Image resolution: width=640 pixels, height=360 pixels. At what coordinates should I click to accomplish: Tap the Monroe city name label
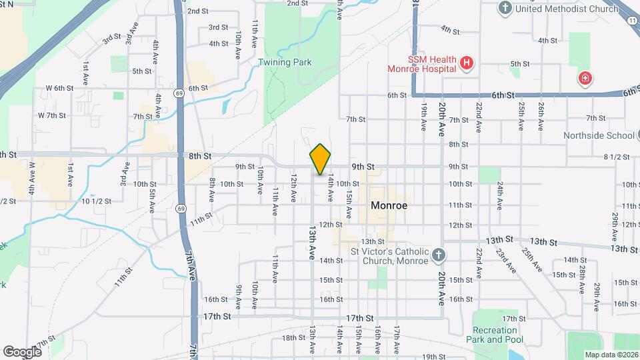[389, 206]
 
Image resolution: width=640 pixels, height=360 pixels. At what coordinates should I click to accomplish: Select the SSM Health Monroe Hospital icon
[467, 64]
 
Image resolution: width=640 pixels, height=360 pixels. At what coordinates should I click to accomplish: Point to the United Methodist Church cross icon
[505, 8]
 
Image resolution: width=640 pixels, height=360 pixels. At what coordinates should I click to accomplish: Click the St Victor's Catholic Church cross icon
[438, 255]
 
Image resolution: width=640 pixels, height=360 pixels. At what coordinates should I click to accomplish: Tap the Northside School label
[598, 135]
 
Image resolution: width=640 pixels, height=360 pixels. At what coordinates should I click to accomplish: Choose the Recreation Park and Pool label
[495, 335]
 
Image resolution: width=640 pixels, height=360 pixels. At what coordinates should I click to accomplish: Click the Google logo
[22, 351]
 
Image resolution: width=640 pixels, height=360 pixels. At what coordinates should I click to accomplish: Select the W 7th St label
[52, 115]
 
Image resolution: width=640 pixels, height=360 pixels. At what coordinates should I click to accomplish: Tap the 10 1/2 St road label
[95, 201]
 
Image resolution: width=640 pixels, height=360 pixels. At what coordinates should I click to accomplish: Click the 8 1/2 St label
[616, 157]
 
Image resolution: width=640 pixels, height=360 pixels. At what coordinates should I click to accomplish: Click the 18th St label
[293, 338]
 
